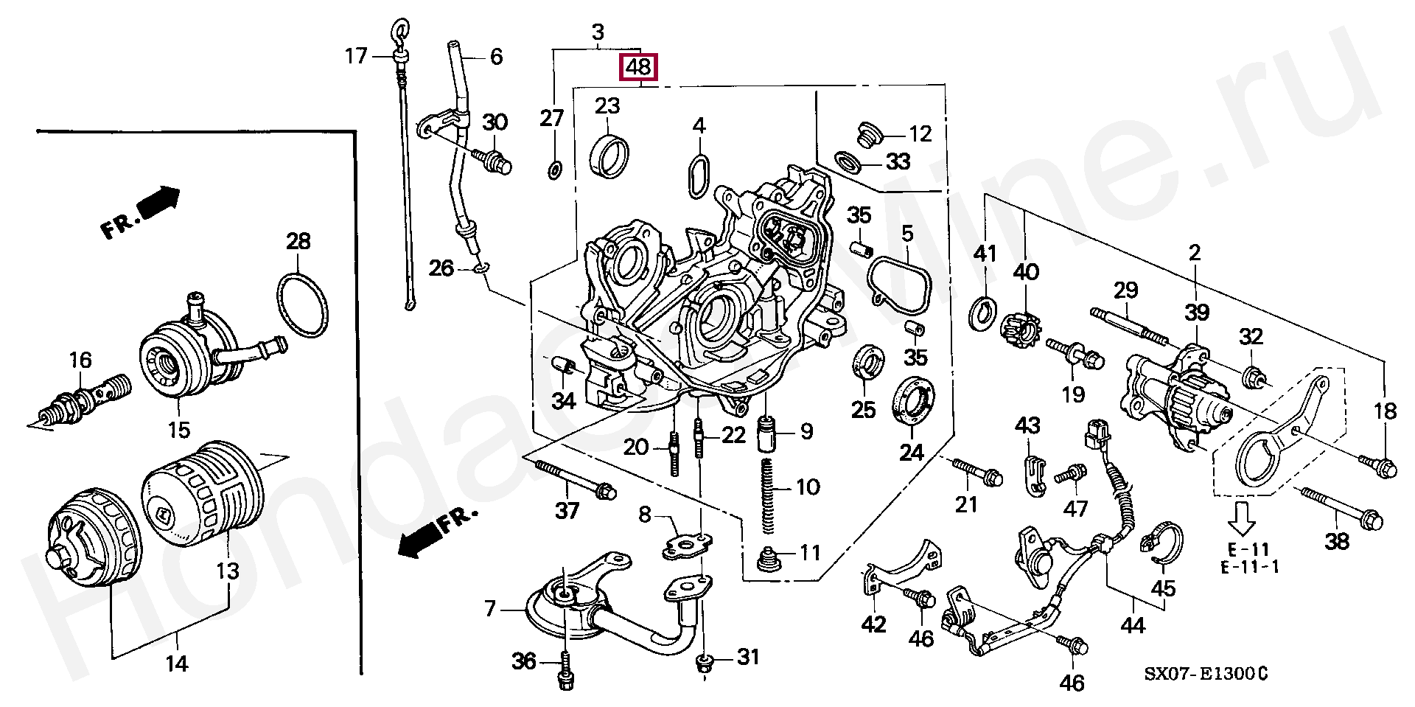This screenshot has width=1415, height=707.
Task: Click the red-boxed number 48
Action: click(638, 68)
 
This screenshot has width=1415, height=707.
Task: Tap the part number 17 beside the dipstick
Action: click(356, 55)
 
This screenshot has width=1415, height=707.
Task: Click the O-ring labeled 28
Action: click(302, 304)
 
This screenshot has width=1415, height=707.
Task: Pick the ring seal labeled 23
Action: click(609, 156)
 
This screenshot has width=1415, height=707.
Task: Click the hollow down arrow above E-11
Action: click(1242, 518)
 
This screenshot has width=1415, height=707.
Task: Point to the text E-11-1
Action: click(1249, 567)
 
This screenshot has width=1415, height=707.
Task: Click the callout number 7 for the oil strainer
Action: click(490, 610)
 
